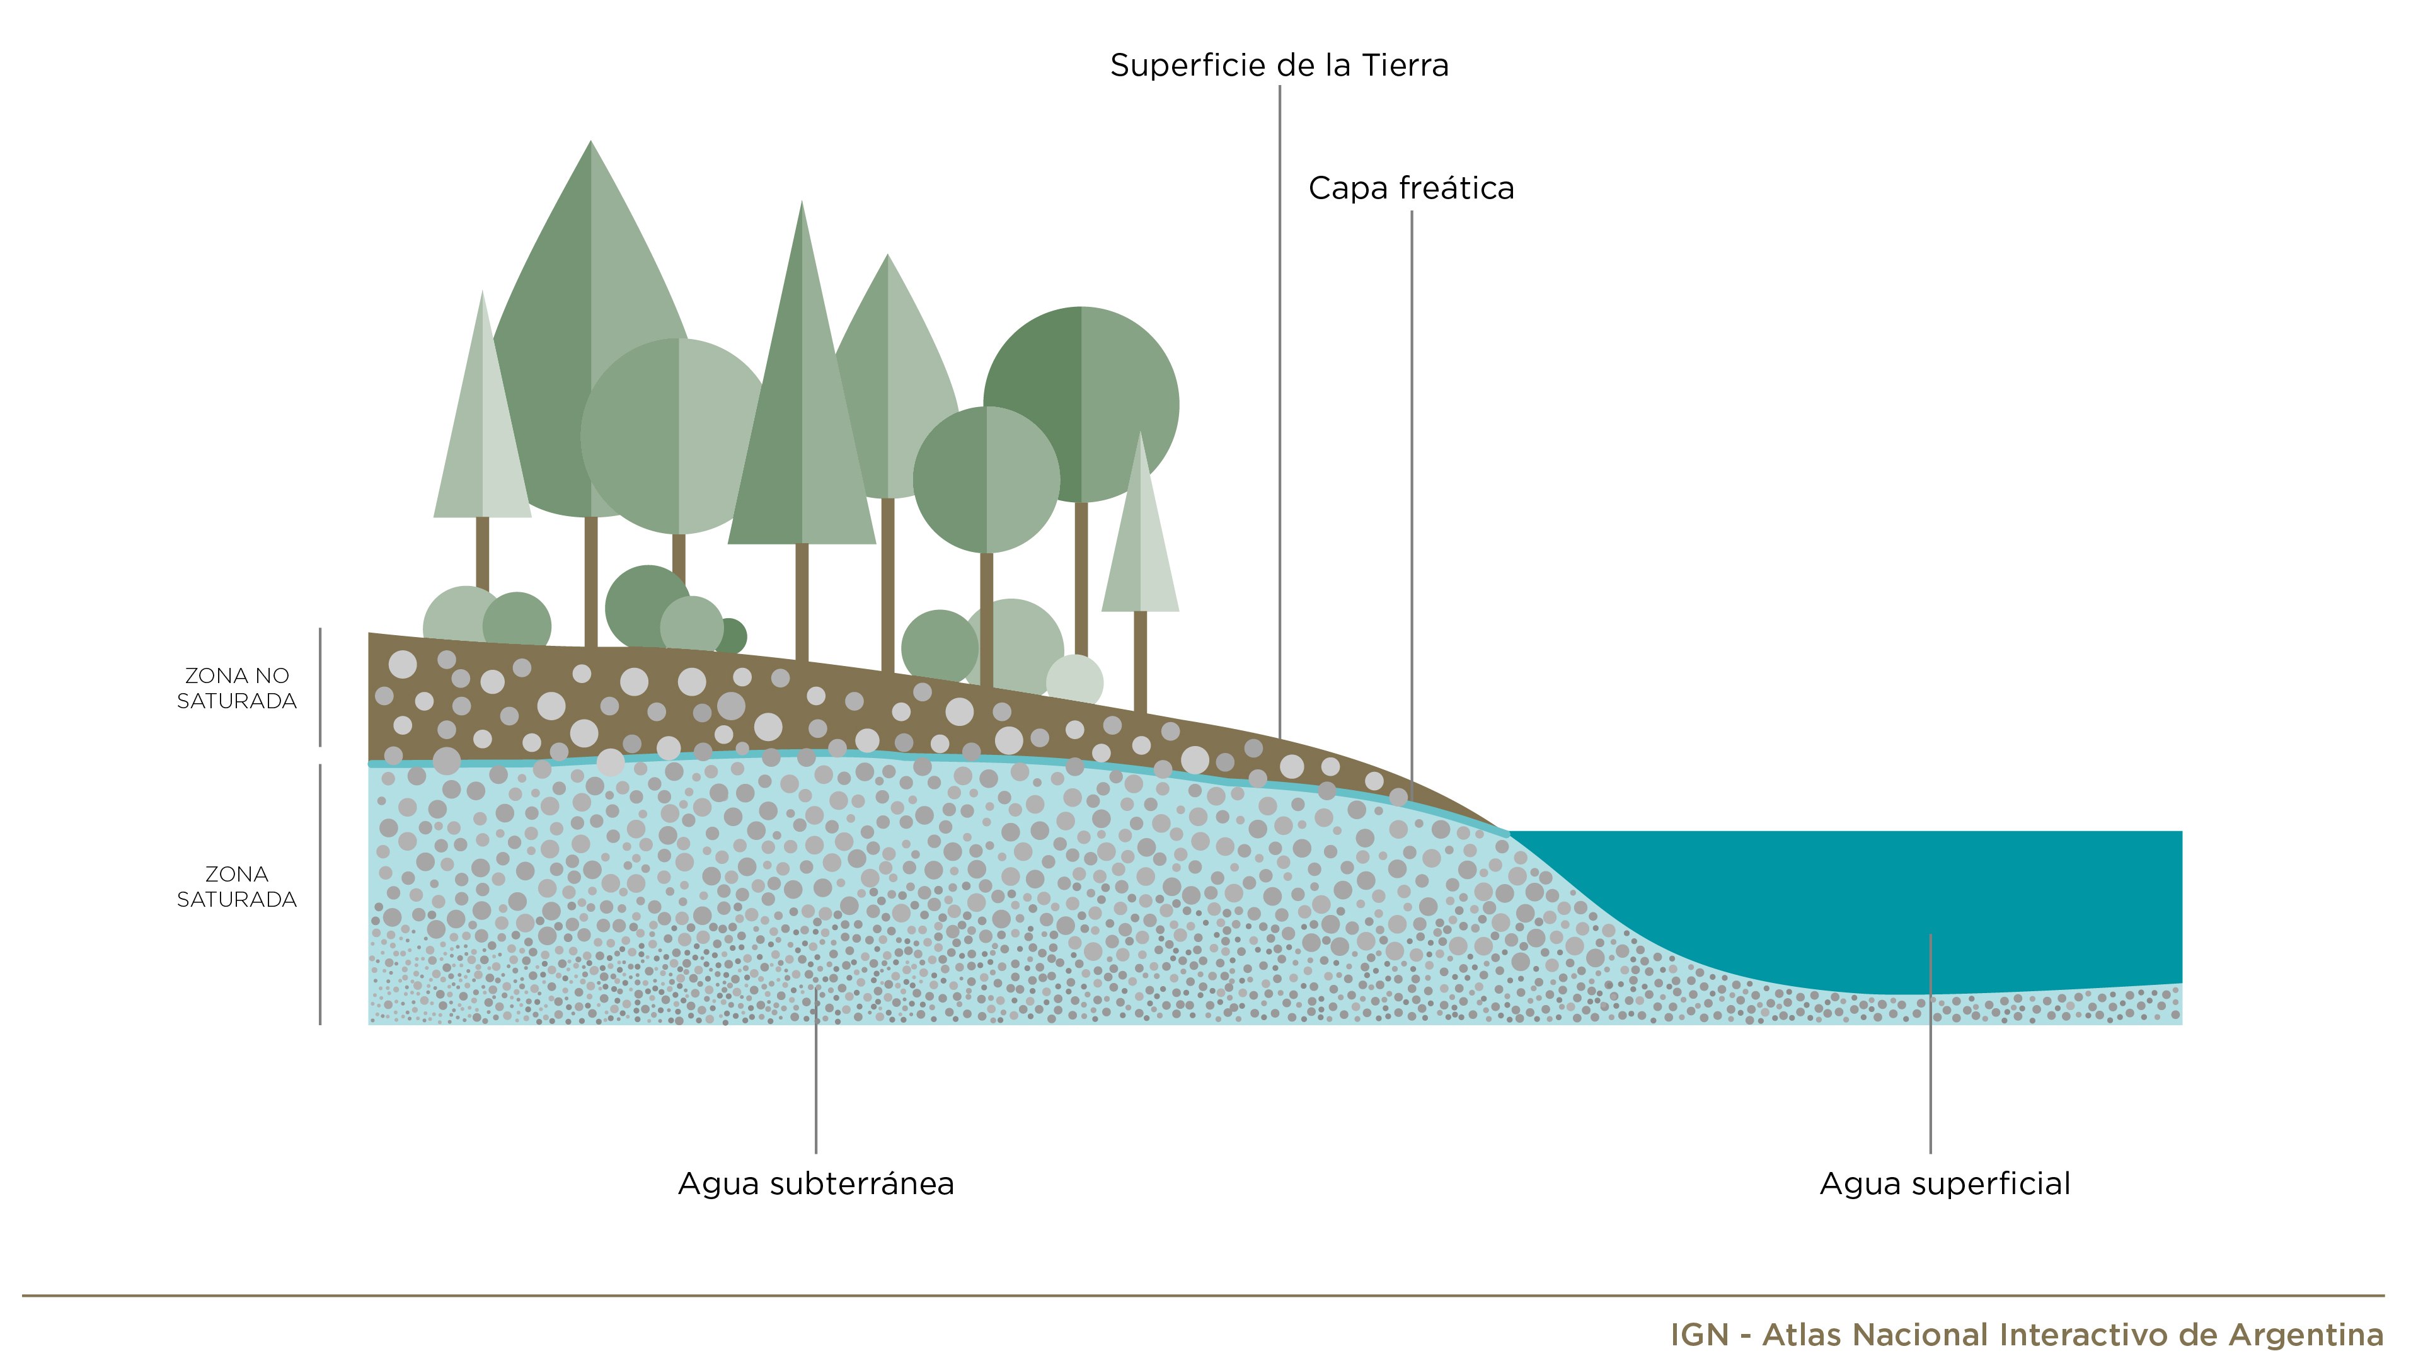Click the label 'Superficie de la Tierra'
(1279, 65)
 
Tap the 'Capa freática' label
(1412, 188)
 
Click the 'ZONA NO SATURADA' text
(237, 687)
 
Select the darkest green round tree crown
(1081, 404)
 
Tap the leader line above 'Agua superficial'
(1930, 1043)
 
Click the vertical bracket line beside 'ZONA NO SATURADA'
(320, 687)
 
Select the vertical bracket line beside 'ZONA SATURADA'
(320, 894)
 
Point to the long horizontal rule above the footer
(1204, 1296)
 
